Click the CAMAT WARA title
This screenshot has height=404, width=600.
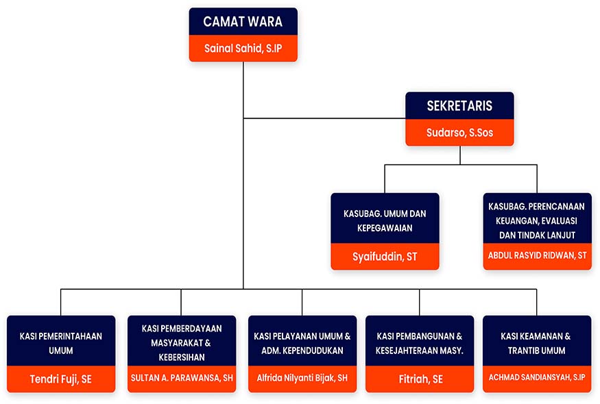pos(243,22)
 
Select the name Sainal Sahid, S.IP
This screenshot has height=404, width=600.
pos(243,49)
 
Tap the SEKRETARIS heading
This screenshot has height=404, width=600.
pos(459,107)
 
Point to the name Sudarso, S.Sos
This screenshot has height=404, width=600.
pos(459,134)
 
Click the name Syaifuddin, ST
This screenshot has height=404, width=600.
pos(385,257)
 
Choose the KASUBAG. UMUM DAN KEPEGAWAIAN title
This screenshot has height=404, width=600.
pos(385,220)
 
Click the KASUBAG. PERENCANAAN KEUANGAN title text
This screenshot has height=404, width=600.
pos(537,220)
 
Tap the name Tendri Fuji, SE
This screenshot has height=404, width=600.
pos(60,379)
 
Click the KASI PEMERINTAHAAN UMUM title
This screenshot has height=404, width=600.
pos(60,343)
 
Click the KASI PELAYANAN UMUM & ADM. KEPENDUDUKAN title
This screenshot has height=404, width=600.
pos(302,343)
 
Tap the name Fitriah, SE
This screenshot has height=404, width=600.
pos(420,379)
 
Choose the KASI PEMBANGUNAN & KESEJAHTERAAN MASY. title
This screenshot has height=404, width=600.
pos(420,343)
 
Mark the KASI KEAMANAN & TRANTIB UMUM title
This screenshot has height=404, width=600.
pos(537,343)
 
